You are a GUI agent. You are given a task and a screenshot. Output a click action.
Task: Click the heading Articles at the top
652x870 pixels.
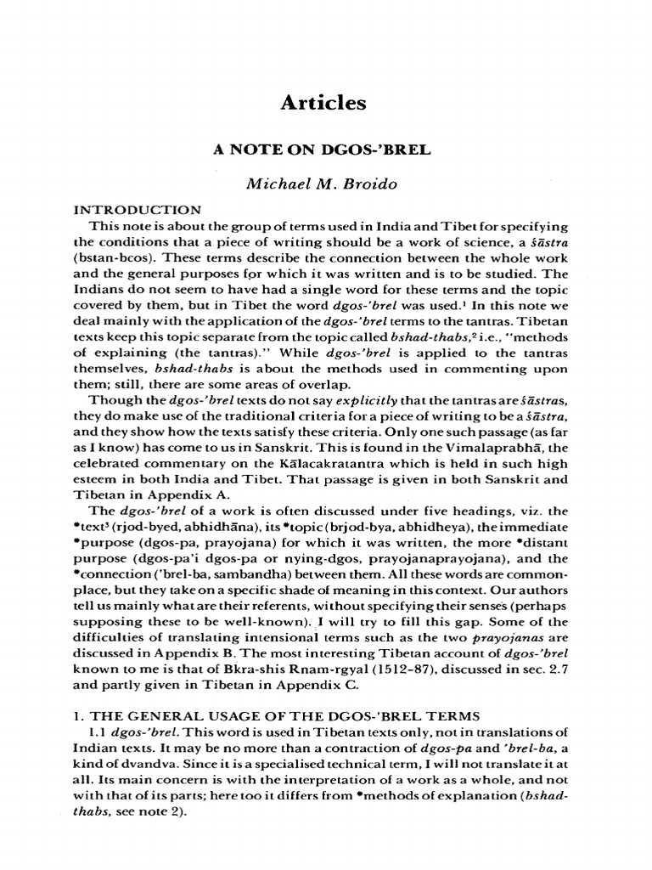pyautogui.click(x=324, y=103)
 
